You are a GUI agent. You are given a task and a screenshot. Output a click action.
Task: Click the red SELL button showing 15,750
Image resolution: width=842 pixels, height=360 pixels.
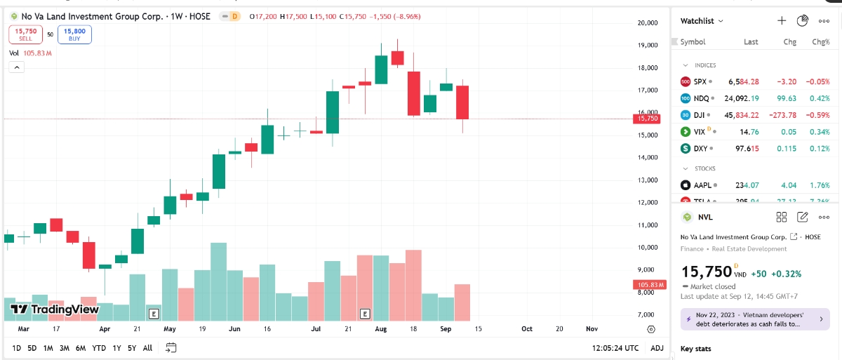coord(25,34)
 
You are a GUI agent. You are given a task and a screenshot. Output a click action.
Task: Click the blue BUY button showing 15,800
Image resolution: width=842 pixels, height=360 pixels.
coord(74,34)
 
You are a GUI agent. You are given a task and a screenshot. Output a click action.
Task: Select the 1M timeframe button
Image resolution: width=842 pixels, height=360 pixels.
coord(48,348)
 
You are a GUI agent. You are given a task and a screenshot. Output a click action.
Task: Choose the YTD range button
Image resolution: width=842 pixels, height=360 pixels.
coord(99,348)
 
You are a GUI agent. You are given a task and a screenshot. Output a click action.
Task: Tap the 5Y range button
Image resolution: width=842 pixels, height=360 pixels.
coord(132,348)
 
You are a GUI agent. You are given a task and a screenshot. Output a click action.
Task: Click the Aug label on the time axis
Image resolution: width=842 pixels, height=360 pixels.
coord(381,328)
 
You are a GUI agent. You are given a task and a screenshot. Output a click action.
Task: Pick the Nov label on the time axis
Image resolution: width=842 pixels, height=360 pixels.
coord(592,328)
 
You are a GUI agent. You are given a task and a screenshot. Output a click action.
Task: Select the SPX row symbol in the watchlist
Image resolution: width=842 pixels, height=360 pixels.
coord(700,81)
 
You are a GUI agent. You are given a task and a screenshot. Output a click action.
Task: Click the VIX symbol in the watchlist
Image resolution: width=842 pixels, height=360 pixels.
coord(700,131)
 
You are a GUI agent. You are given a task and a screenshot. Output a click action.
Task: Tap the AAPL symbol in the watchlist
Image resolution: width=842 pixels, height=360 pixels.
coord(702,185)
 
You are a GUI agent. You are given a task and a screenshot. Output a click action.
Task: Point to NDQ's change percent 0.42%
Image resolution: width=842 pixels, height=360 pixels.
coord(820,98)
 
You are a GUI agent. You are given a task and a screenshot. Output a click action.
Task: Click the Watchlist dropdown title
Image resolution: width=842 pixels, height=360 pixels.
coord(702,21)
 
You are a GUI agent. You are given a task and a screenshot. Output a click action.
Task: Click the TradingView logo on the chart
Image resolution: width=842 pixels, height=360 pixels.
coord(54,309)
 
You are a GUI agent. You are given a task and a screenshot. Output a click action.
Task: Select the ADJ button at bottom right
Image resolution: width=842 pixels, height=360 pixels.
coord(657,348)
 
